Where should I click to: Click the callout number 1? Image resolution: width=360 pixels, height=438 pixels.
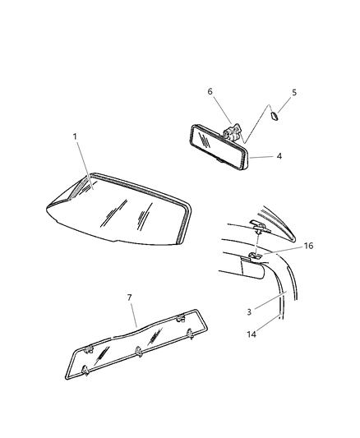coord(75,136)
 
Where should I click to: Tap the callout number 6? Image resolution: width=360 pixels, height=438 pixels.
coord(210,91)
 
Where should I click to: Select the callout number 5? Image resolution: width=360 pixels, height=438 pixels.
coord(293,93)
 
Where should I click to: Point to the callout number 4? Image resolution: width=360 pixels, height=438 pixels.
coord(279,156)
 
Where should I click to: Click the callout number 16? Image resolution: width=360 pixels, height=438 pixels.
coord(308,246)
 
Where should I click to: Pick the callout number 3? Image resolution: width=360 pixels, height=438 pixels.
coord(249,311)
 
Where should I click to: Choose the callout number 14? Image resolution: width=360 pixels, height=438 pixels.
coord(252,334)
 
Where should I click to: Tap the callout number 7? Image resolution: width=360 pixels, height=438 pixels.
coord(129,297)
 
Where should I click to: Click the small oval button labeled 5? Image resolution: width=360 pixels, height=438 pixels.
coord(274,115)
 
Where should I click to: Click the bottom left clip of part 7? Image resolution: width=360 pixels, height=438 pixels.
coord(85,371)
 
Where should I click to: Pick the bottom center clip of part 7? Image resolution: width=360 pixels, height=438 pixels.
coord(139,352)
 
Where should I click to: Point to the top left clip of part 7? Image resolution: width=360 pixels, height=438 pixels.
coord(88,349)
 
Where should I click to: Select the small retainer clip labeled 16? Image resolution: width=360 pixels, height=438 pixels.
coord(255,255)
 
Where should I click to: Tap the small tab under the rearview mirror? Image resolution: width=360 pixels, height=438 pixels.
coord(219,160)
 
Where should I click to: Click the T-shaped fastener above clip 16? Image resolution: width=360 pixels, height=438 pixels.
coord(261,226)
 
